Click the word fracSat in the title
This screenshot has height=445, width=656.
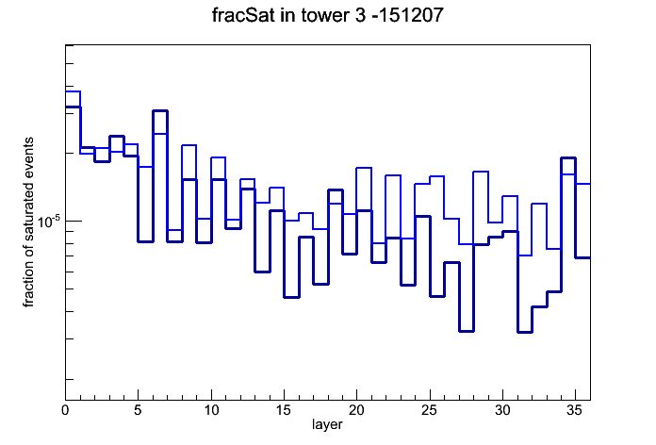(243, 15)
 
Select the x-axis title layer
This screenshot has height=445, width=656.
(327, 424)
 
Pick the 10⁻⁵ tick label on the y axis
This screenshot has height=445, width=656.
(48, 221)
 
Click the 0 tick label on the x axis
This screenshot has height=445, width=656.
(65, 410)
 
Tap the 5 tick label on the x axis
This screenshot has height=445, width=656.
(138, 410)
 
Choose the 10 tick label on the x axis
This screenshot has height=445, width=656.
(211, 410)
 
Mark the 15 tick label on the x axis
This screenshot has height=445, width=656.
(284, 410)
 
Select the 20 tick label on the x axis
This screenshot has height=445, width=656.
(356, 410)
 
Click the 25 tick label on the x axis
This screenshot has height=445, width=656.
(430, 410)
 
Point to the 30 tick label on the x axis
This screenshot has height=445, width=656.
(502, 410)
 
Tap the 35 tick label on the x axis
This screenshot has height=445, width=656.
(575, 410)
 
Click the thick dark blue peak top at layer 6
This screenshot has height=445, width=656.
(160, 111)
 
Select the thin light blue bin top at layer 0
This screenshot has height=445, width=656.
(73, 91)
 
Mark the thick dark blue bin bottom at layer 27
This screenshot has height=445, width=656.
(466, 331)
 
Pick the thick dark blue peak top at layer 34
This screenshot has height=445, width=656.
(568, 158)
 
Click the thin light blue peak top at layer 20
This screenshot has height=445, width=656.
(364, 168)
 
